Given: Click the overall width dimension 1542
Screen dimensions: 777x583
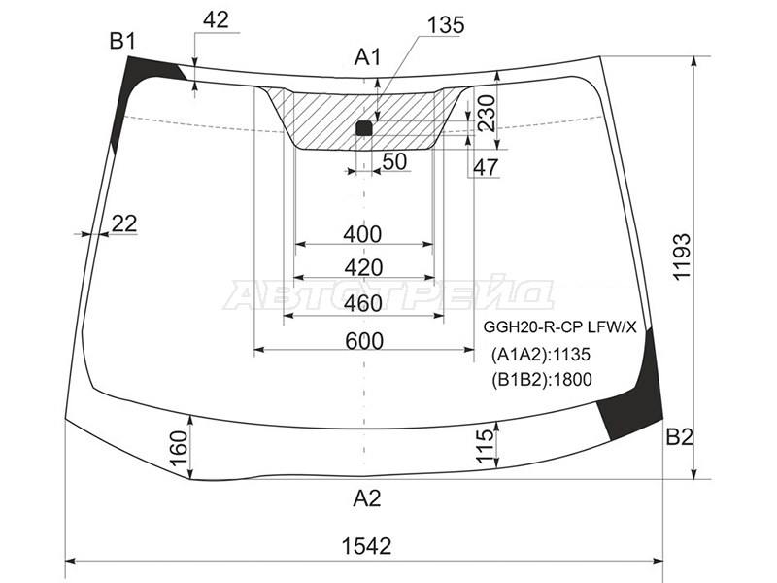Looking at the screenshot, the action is click(366, 546).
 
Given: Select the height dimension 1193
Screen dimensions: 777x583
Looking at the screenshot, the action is click(682, 257).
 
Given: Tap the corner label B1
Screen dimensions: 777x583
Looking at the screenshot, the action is click(122, 41).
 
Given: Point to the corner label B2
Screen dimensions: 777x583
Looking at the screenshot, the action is click(679, 436).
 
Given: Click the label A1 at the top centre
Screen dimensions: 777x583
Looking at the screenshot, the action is click(368, 57).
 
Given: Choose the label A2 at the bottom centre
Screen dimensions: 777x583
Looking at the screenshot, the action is click(367, 497).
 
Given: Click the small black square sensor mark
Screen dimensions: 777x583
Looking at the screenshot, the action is click(363, 128).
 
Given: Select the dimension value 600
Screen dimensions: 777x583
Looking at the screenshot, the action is click(364, 341).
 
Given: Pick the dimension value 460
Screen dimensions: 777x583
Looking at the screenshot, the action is click(363, 303).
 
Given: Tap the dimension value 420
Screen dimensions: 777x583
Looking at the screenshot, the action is click(363, 268).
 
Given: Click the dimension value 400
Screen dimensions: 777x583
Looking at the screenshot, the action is click(362, 234).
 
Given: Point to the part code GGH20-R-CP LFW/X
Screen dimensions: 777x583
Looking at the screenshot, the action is click(559, 327).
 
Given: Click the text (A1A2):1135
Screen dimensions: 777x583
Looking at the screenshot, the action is click(541, 355).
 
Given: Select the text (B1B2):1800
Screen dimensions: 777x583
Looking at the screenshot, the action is click(542, 380).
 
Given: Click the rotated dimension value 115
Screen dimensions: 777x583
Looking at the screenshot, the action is click(485, 446).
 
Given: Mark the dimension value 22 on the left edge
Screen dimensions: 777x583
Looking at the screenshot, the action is click(124, 223).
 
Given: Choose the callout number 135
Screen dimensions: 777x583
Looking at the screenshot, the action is click(446, 25).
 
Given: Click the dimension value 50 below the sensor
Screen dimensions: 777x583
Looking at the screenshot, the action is click(395, 161).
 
